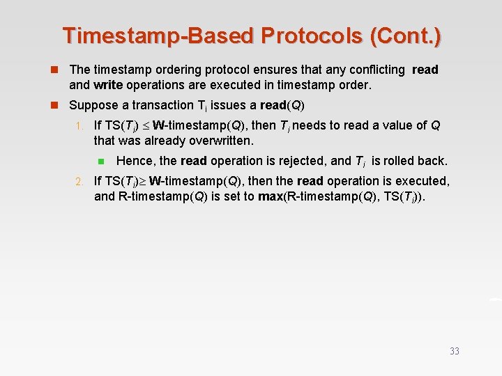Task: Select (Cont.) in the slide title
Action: pos(406,36)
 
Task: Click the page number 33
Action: pos(455,352)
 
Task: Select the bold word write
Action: pos(109,86)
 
